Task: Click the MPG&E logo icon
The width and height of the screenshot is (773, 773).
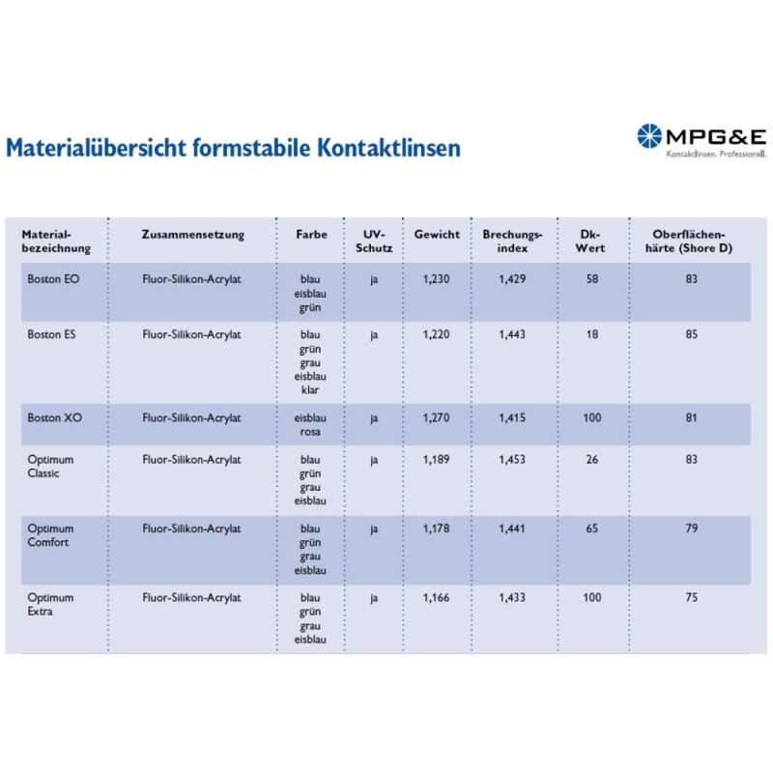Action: coord(648,136)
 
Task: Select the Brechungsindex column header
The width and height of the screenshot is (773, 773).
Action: coord(512,241)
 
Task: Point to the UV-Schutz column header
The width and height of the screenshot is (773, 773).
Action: coord(374,241)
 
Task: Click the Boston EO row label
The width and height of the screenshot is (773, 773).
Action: coord(54,279)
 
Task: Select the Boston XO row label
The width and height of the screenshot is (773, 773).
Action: coord(54,418)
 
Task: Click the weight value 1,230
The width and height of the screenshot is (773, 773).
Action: coord(437,279)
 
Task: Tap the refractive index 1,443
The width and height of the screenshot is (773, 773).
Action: coord(512,334)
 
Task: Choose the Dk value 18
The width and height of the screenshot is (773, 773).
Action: coord(591,334)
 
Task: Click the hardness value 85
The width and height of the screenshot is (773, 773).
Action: coord(691,334)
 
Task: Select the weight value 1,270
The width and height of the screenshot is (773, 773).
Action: coord(437,418)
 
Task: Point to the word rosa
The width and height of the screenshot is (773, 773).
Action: coord(309,432)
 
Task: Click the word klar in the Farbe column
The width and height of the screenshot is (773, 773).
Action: coord(309,390)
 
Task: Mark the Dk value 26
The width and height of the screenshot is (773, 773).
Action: coord(591,460)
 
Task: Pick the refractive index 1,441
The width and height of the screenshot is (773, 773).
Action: coord(512,529)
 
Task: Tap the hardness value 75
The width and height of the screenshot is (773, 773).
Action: coord(691,598)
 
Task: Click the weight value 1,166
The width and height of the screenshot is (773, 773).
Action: coord(437,598)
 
